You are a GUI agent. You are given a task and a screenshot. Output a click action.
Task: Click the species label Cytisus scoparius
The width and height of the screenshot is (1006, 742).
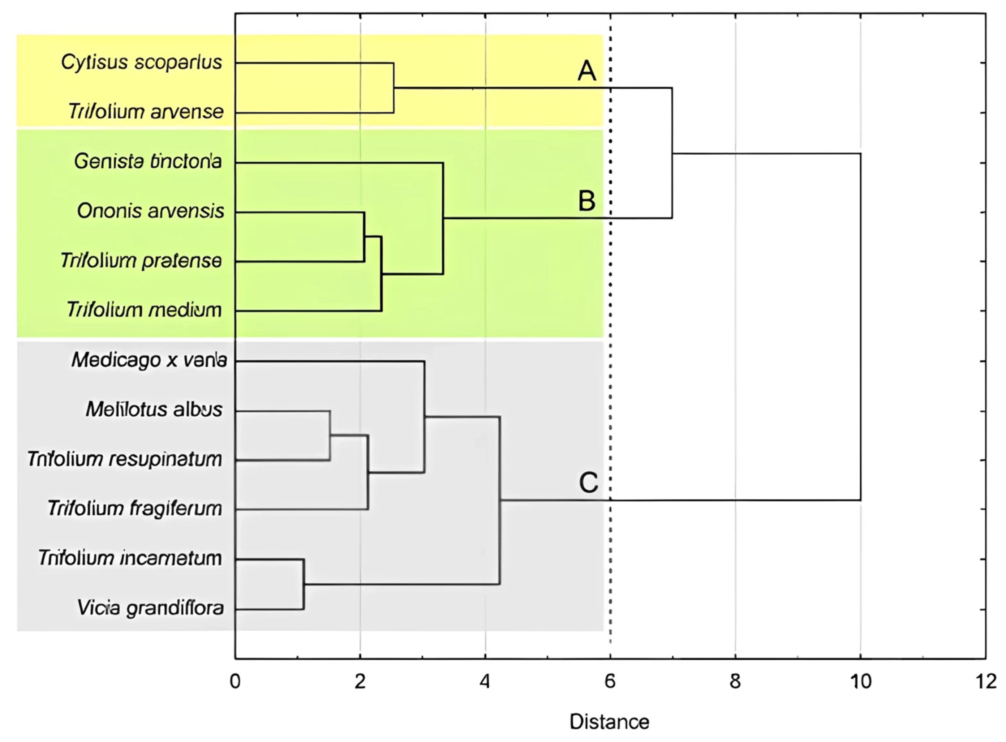[142, 63]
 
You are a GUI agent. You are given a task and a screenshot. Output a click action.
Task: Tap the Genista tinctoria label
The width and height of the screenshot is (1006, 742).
[148, 162]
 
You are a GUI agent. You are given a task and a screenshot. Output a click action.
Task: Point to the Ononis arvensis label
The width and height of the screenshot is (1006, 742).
[150, 211]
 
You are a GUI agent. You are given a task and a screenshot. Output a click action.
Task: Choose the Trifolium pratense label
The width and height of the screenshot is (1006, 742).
[142, 261]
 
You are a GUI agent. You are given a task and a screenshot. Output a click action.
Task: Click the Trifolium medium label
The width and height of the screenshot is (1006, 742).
[145, 310]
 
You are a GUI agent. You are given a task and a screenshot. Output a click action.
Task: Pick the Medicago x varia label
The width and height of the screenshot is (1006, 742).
[149, 360]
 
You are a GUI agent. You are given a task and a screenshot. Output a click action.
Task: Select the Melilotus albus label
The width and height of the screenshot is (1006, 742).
[154, 409]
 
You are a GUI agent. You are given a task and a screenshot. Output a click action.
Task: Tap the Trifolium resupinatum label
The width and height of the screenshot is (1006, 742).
[125, 459]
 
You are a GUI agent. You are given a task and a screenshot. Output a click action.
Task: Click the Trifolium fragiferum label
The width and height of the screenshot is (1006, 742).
[135, 509]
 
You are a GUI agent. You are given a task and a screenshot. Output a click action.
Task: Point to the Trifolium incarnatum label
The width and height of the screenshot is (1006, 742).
[130, 559]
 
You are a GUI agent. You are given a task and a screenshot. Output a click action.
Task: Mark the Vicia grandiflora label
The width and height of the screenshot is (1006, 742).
[150, 609]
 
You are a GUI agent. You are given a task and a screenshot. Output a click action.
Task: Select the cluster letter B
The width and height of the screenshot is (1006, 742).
[587, 201]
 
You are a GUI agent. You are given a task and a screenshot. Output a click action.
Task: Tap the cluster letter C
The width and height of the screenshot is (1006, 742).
[588, 483]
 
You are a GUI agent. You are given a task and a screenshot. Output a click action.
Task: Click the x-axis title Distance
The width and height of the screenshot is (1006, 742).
[610, 722]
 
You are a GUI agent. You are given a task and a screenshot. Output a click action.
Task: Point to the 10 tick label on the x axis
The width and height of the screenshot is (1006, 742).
[860, 682]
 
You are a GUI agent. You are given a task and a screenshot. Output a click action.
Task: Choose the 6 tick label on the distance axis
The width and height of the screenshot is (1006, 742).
[610, 682]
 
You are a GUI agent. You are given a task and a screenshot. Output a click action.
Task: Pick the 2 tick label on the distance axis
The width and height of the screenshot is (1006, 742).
[360, 682]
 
